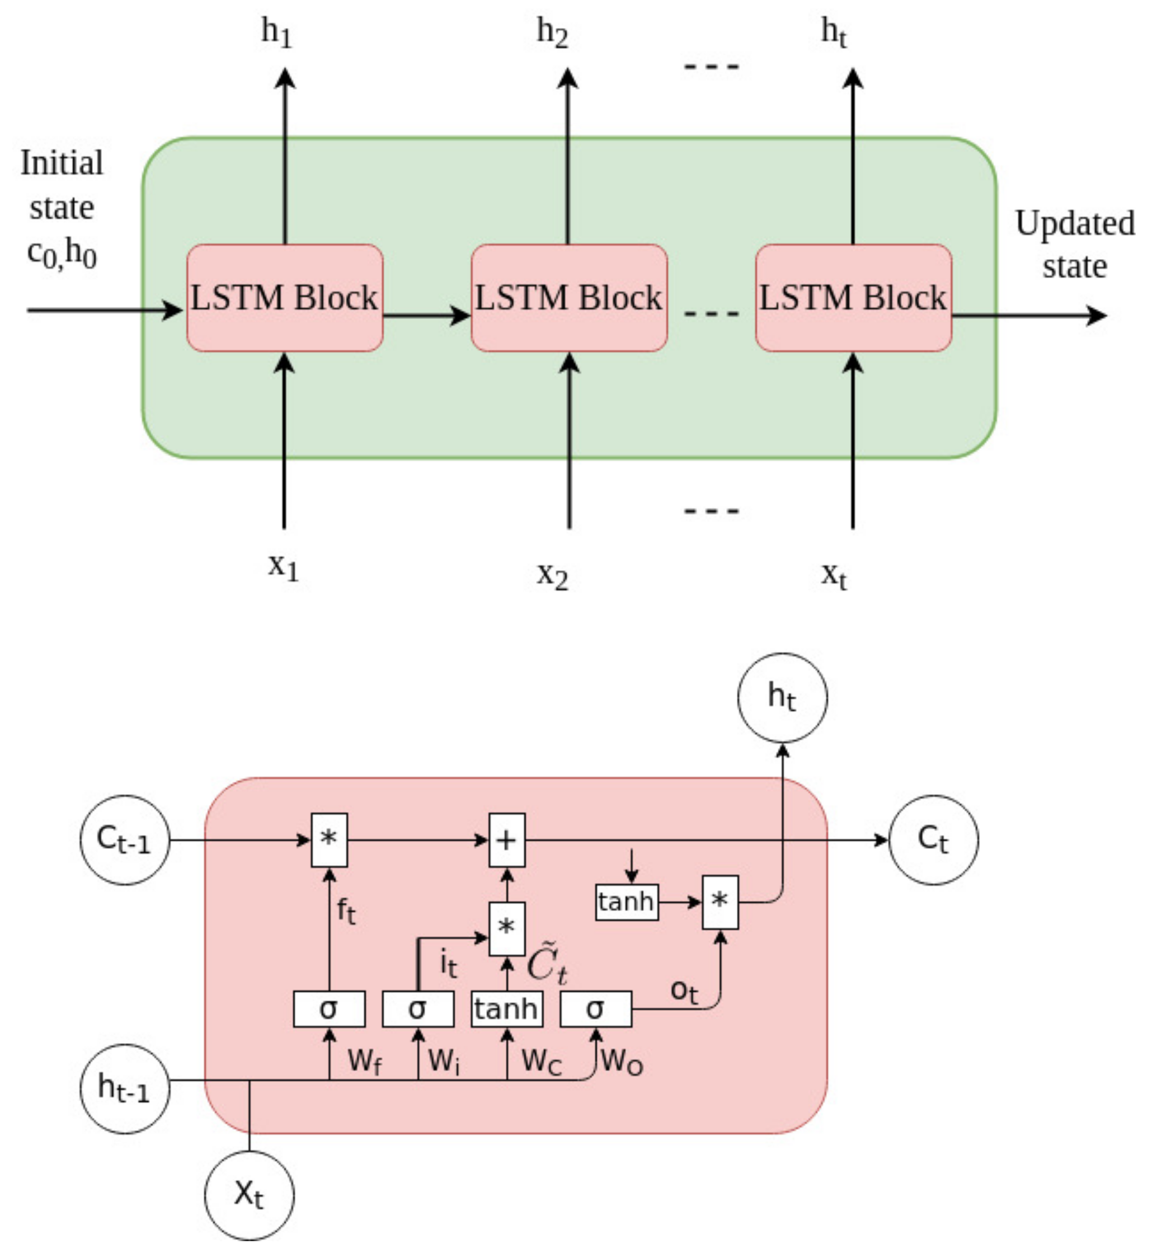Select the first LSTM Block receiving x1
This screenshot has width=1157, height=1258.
[x=285, y=298]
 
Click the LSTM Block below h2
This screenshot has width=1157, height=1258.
[x=568, y=298]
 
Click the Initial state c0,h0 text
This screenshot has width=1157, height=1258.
[x=62, y=208]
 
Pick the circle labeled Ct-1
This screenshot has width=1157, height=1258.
[x=125, y=840]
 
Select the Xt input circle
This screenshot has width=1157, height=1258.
[x=249, y=1195]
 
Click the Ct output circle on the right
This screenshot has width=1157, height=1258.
[x=933, y=840]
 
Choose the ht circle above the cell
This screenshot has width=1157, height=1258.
[x=782, y=698]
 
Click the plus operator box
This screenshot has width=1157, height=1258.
[x=506, y=840]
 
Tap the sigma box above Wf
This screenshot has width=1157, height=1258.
[x=329, y=1009]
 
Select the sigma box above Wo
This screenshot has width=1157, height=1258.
[x=595, y=1009]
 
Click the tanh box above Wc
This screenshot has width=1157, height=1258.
[x=506, y=1009]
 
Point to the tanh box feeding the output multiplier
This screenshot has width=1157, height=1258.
[x=626, y=902]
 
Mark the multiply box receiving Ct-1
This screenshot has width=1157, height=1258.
[x=329, y=840]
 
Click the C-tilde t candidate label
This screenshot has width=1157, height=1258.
[x=547, y=964]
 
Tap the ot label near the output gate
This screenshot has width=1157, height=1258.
[x=684, y=991]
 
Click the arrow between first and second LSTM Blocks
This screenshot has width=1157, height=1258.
[x=426, y=315]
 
